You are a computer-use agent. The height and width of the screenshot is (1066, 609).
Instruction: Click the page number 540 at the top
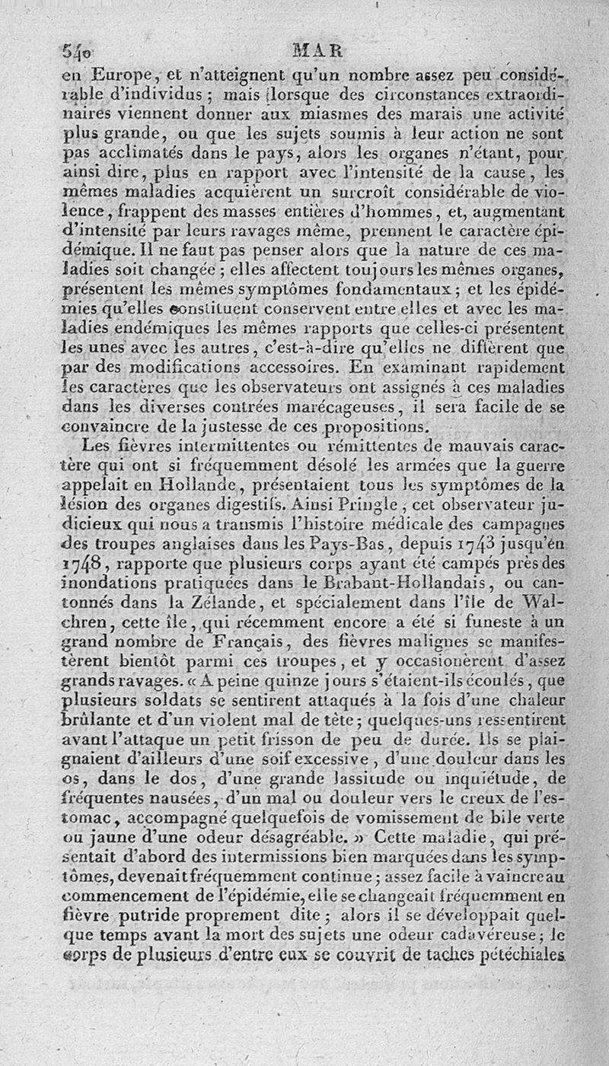click(76, 53)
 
